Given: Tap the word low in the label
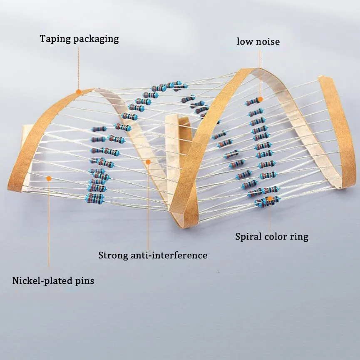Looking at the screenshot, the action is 245,41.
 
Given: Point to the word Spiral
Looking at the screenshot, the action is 248,237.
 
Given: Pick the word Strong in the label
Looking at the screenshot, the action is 112,255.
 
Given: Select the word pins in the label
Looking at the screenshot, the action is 84,281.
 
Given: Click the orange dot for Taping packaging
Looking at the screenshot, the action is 78,91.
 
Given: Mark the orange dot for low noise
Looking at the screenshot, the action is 260,100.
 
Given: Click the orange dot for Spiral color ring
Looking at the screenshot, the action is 269,198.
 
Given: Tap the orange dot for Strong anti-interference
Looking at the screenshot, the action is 147,161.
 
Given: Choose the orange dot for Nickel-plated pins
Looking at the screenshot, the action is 49,178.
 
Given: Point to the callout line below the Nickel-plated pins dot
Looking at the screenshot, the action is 49,225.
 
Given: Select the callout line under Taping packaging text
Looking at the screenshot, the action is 78,67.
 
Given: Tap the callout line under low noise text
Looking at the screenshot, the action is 260,73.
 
